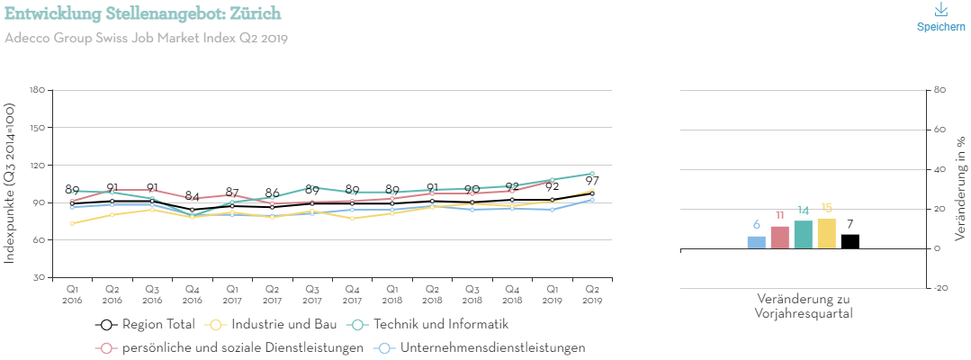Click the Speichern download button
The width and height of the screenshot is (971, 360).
pyautogui.click(x=940, y=18)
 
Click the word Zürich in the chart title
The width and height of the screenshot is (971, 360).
pyautogui.click(x=246, y=13)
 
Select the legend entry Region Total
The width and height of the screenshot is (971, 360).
pyautogui.click(x=144, y=324)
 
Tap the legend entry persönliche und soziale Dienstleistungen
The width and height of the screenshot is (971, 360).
pyautogui.click(x=230, y=347)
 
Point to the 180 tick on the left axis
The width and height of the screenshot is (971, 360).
pyautogui.click(x=37, y=90)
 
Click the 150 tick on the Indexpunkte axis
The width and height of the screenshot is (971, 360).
pyautogui.click(x=37, y=128)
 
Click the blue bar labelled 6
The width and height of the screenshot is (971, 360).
pyautogui.click(x=757, y=242)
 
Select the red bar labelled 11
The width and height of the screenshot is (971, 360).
pyautogui.click(x=780, y=238)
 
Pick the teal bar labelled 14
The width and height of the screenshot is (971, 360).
pyautogui.click(x=804, y=234)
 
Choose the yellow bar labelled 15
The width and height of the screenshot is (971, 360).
pyautogui.click(x=827, y=233)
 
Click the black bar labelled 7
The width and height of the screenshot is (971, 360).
pyautogui.click(x=850, y=241)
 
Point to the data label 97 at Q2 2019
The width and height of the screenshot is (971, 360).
pyautogui.click(x=592, y=181)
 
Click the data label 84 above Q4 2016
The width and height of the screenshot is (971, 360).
pyautogui.click(x=193, y=195)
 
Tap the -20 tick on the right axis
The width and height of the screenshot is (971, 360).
pyautogui.click(x=940, y=288)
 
